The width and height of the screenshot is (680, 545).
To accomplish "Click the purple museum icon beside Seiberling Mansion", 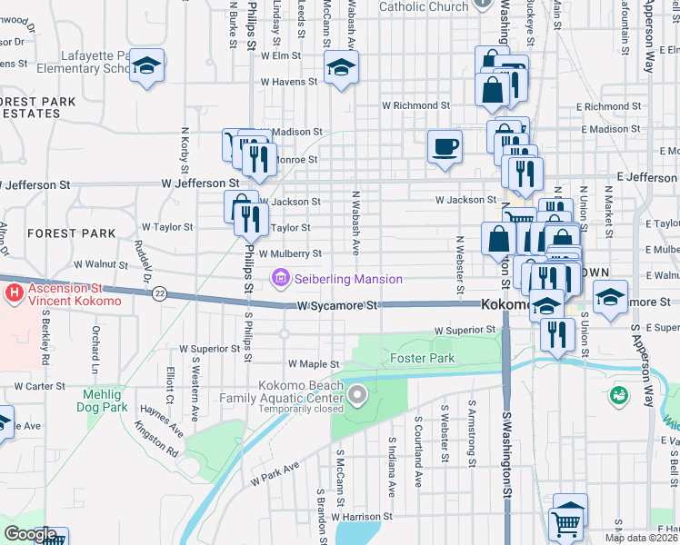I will (280, 278).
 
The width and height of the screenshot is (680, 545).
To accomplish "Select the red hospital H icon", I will (14, 294).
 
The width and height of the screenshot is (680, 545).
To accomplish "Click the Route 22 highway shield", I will (159, 292).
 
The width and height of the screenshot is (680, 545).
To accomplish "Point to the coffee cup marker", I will (445, 147).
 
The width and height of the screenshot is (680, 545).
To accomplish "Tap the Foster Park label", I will (422, 359).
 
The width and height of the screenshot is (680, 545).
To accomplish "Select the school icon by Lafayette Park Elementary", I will (146, 66).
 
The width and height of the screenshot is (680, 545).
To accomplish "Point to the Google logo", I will (29, 534).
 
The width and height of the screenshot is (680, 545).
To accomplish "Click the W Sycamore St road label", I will (337, 306).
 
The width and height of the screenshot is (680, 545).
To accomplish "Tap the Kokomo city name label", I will (505, 304).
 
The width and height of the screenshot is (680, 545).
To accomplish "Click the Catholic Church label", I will (423, 6).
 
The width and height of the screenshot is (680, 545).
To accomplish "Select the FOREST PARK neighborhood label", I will (71, 233).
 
